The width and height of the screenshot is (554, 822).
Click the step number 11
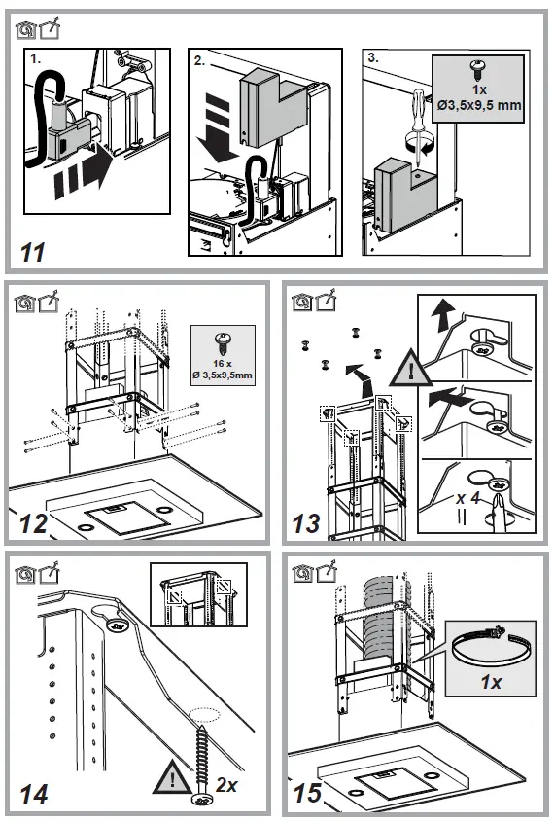(x=33, y=253)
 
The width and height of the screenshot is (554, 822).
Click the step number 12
(x=33, y=523)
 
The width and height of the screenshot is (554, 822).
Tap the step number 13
(x=306, y=523)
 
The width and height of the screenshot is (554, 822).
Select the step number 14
(x=34, y=794)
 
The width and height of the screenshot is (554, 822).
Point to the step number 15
(x=307, y=793)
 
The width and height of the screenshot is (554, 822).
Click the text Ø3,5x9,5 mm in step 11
(x=479, y=105)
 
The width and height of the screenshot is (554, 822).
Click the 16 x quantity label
(x=223, y=363)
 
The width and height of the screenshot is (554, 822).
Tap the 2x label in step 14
(x=226, y=785)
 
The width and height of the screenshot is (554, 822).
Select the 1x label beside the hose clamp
(x=491, y=682)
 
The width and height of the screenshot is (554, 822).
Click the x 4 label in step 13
(x=468, y=497)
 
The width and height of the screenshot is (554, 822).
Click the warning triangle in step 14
(x=173, y=777)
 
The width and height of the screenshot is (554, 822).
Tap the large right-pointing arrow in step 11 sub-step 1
(x=83, y=175)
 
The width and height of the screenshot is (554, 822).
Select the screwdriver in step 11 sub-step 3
(x=419, y=126)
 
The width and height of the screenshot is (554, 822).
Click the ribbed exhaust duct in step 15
(x=378, y=618)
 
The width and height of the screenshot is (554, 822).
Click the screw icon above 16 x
(x=222, y=342)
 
